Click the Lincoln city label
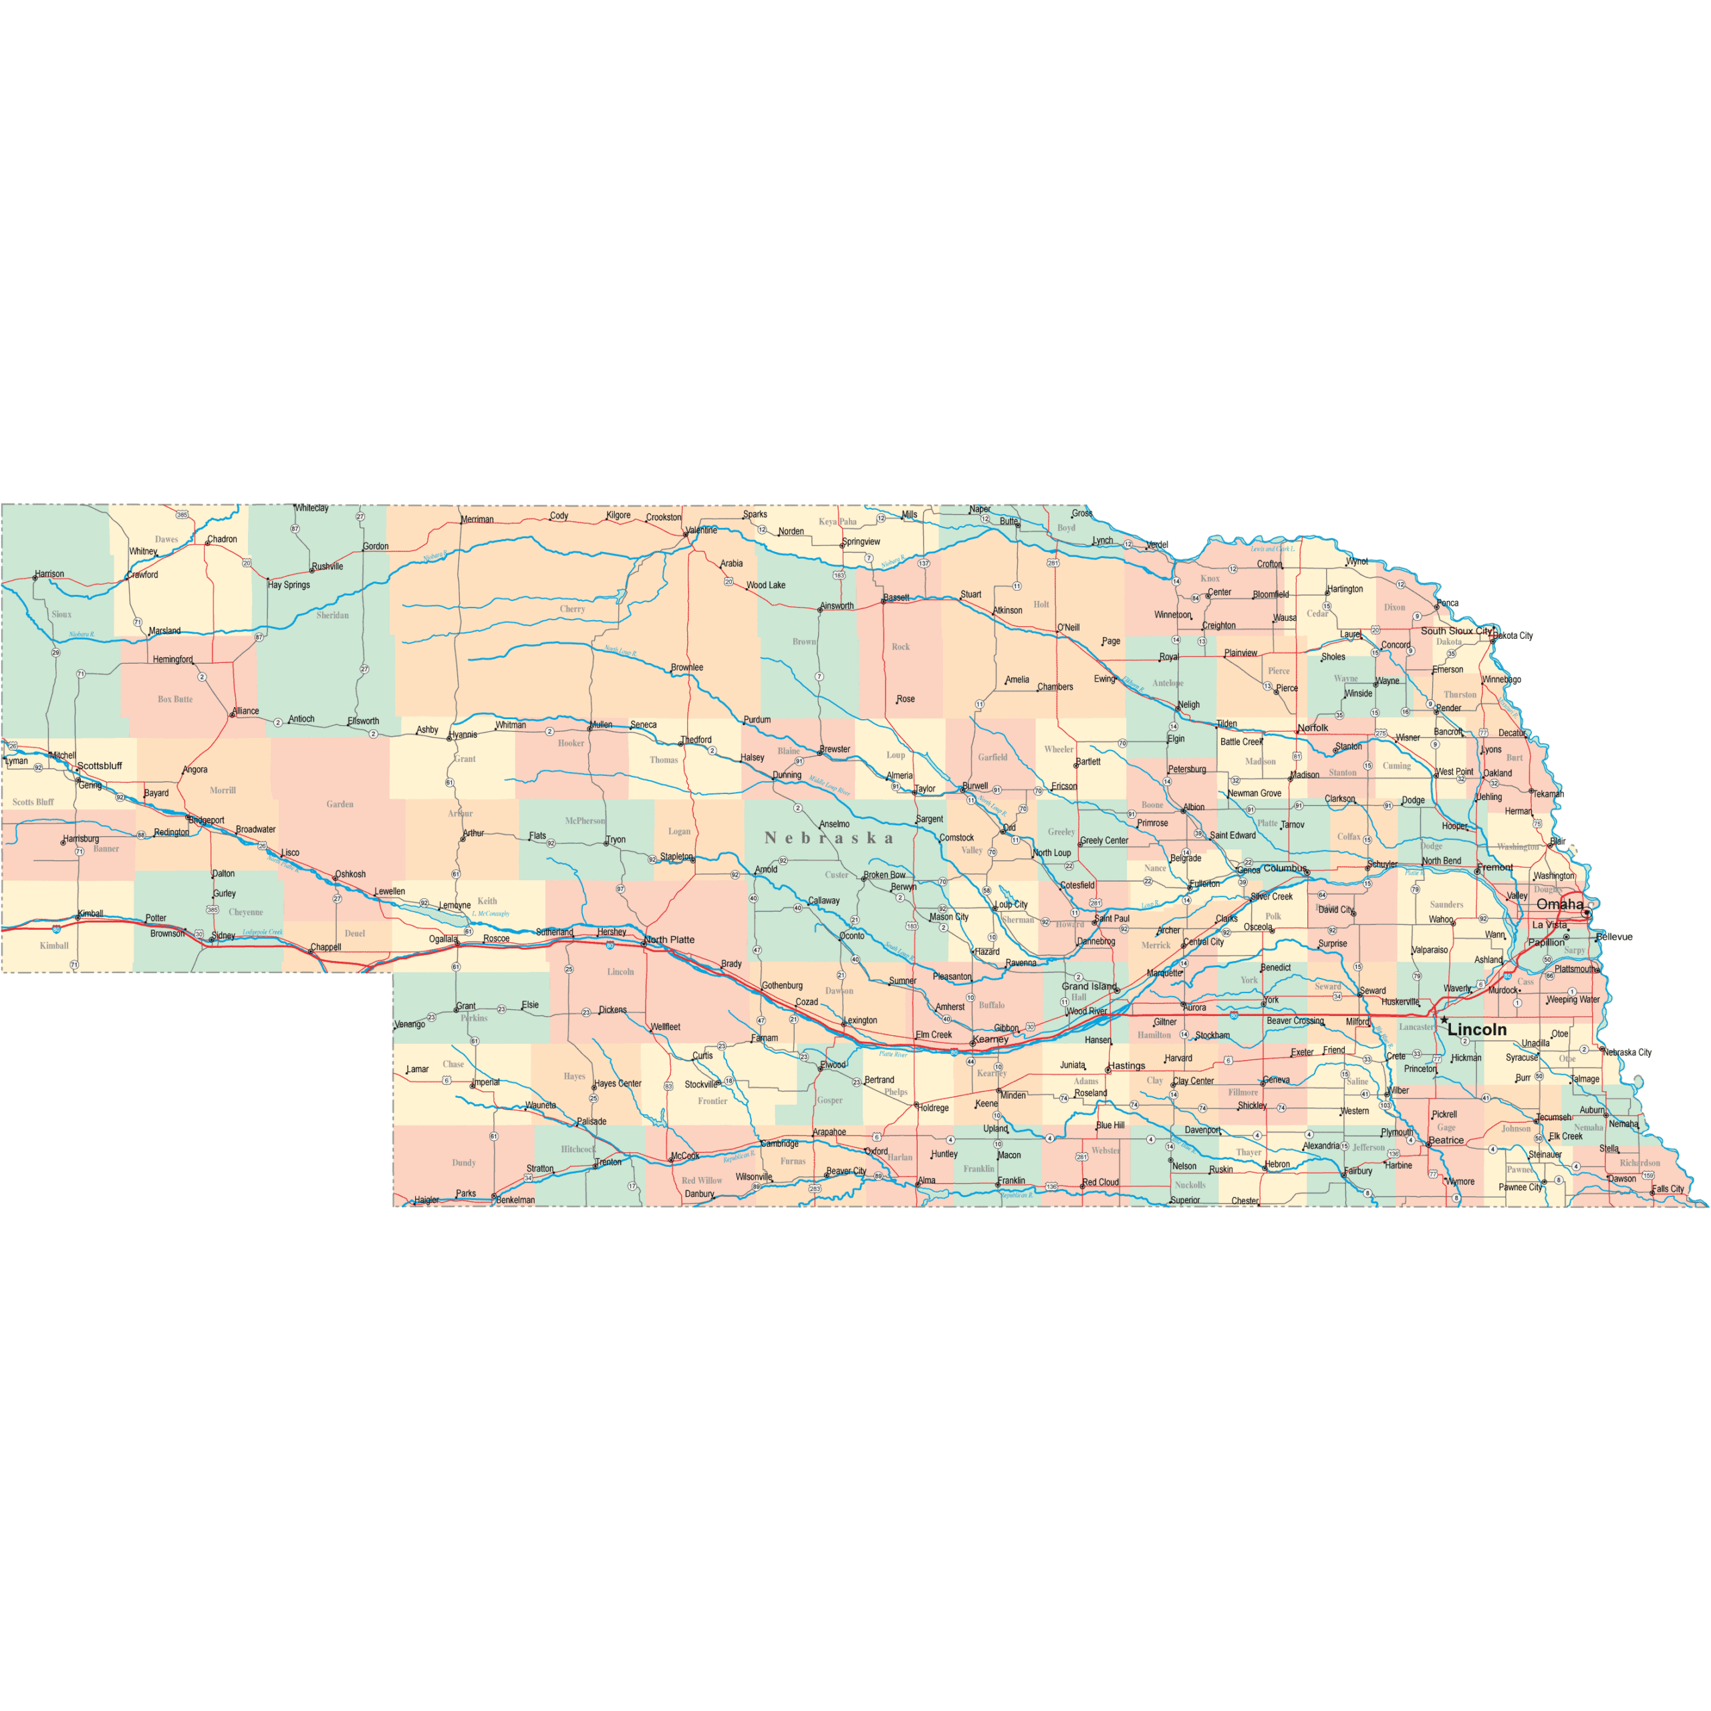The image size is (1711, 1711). [x=1476, y=1029]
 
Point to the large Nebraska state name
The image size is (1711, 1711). [x=828, y=837]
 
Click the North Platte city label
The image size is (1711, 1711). [x=670, y=940]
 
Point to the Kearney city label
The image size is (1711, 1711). [x=990, y=1039]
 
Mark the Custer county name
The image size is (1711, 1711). [x=836, y=874]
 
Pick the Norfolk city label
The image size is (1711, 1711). [x=1313, y=728]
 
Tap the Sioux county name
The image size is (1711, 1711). [x=61, y=614]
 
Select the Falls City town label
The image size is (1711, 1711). [x=1668, y=1188]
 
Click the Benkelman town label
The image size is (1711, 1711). [x=515, y=1200]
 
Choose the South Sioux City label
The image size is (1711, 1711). [x=1456, y=630]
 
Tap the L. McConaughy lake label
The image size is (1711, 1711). [x=491, y=913]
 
